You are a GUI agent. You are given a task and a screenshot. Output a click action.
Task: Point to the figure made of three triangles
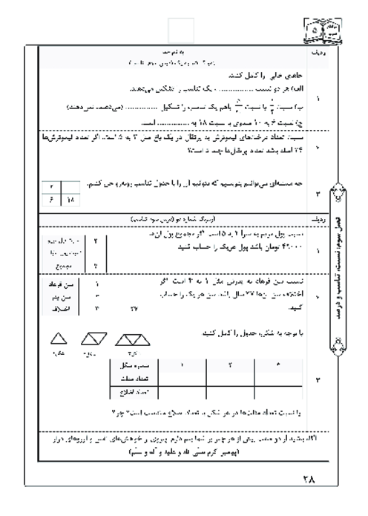tap(132, 340)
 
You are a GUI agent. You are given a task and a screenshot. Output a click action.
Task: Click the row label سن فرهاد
tap(59, 284)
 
